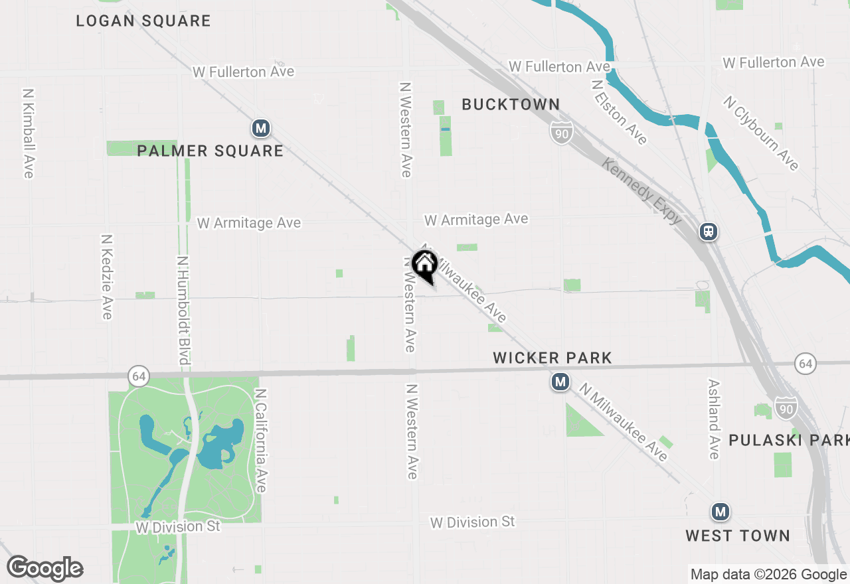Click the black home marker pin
[424, 265]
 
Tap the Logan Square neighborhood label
[143, 21]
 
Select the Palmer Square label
[210, 151]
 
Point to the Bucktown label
[511, 104]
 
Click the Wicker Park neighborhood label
[552, 358]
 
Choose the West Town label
[738, 536]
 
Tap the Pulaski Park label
[788, 441]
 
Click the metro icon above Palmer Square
[260, 128]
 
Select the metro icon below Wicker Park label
[560, 382]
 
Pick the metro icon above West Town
[720, 512]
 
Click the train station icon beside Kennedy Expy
[709, 232]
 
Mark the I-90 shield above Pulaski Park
[786, 407]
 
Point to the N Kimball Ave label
[28, 133]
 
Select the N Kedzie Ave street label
[106, 276]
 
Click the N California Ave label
[260, 441]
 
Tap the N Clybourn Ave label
[761, 133]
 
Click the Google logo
[45, 568]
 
